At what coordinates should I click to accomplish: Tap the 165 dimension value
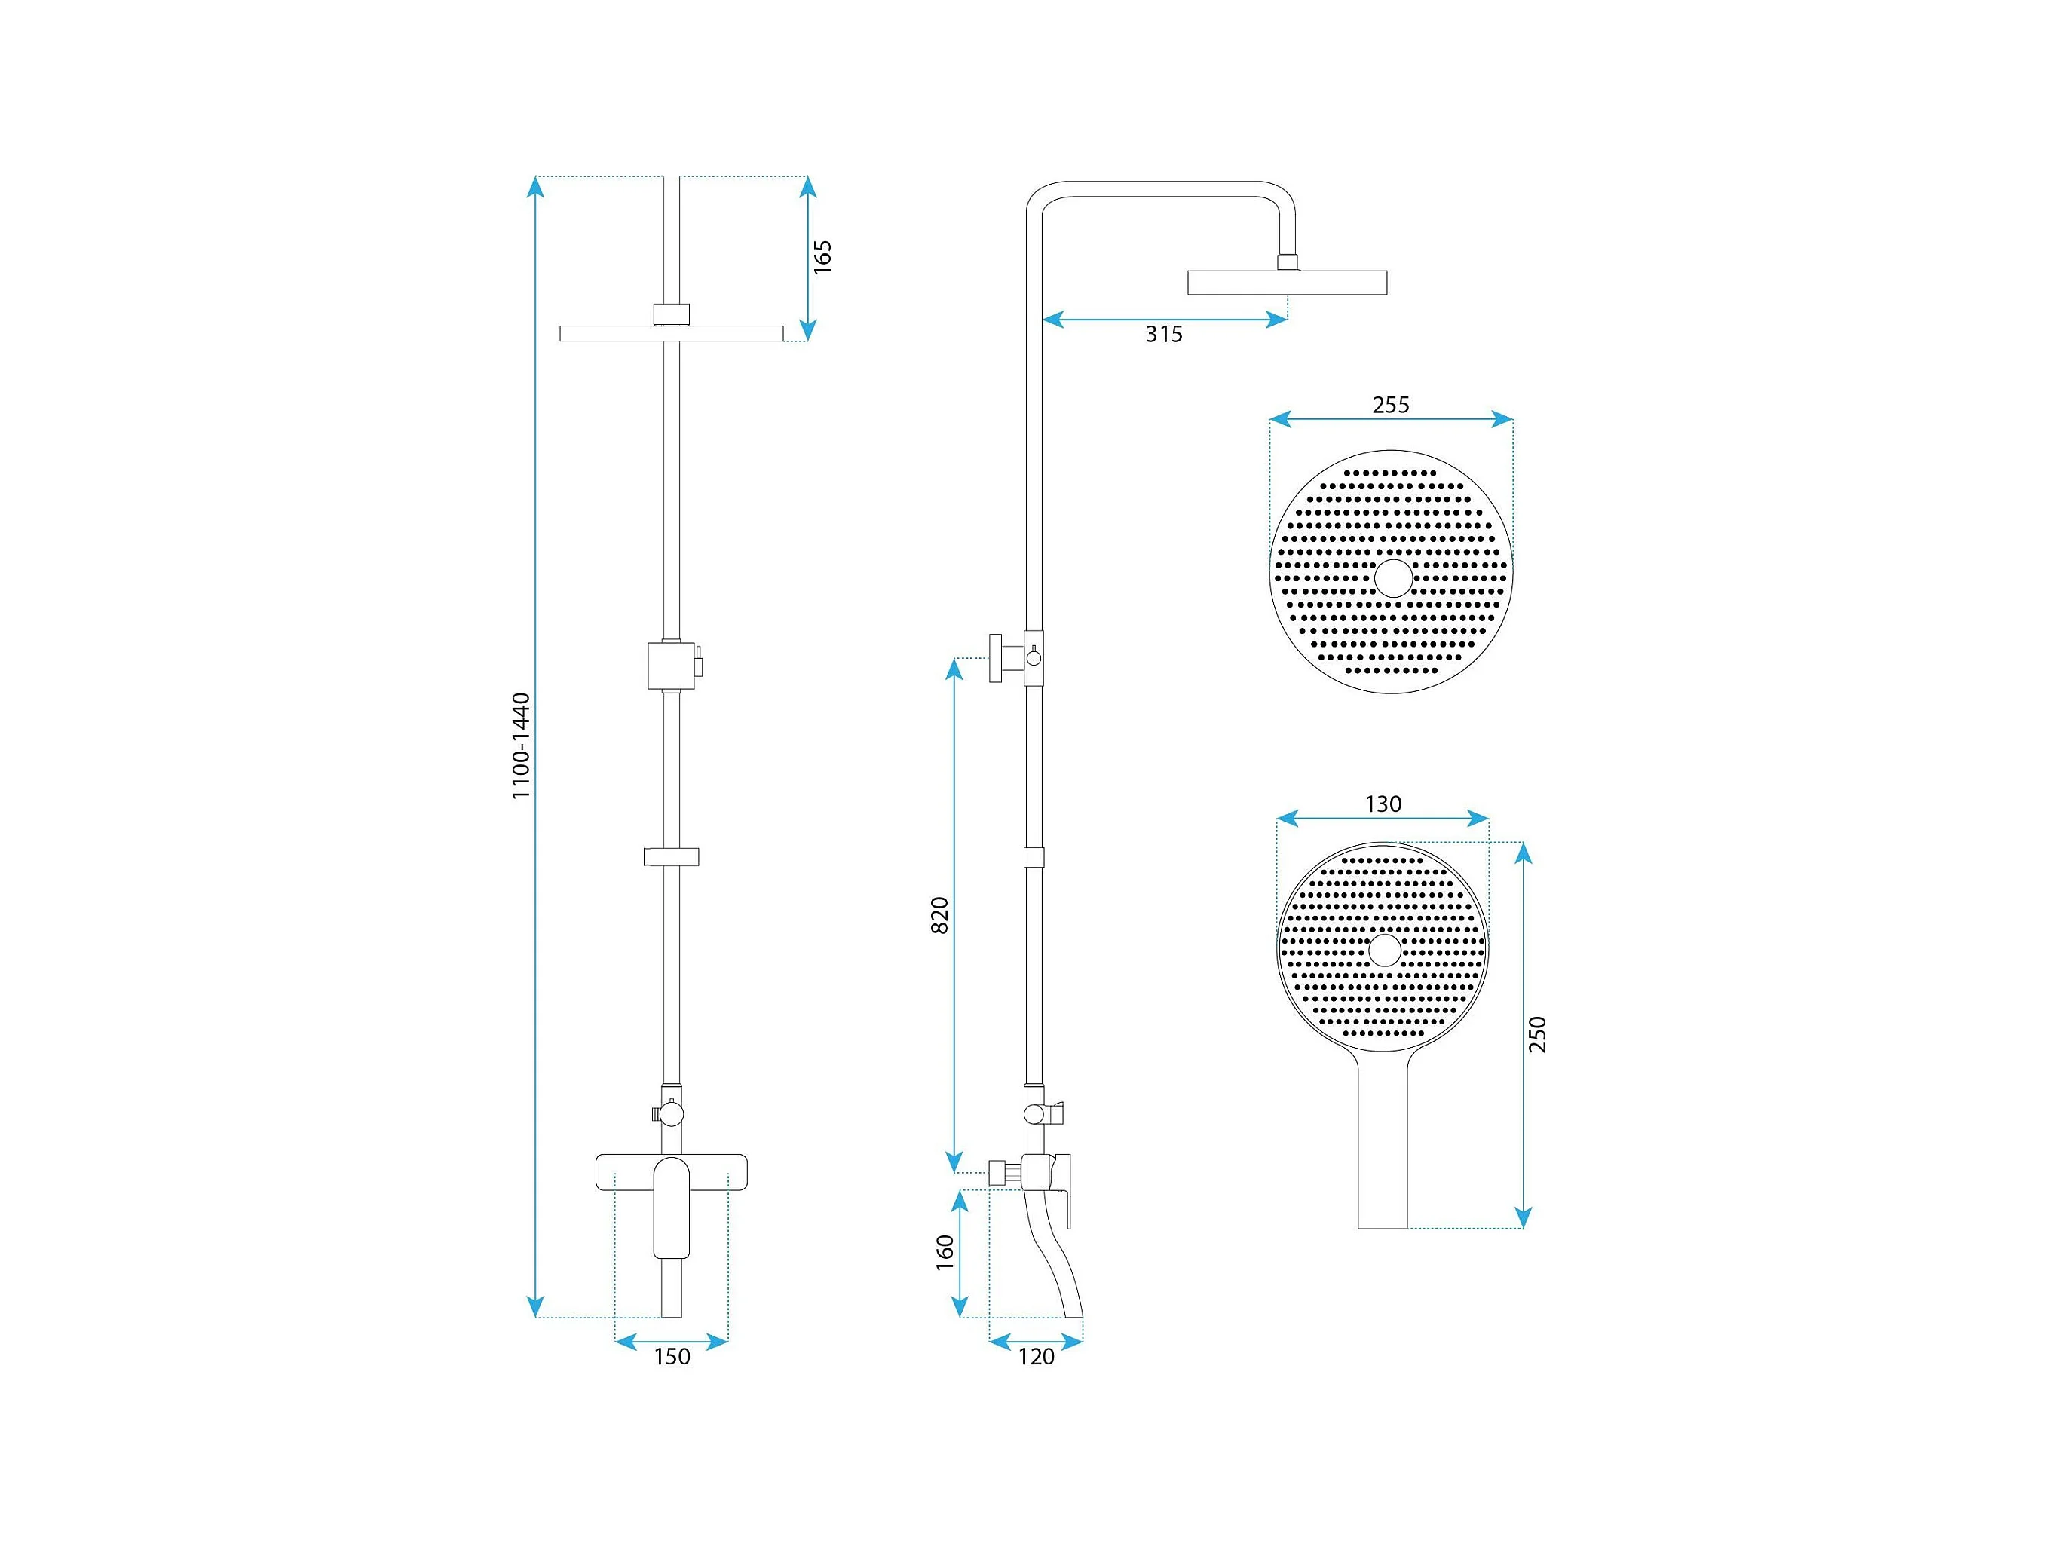[822, 257]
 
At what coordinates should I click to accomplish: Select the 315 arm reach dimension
[1164, 334]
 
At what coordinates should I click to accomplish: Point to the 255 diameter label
[1391, 405]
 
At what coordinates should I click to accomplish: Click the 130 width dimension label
[1383, 804]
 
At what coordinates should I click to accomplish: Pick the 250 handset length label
[1538, 1034]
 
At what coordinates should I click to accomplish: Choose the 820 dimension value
[941, 915]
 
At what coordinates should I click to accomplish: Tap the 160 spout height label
[945, 1253]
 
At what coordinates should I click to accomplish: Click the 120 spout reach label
[1037, 1357]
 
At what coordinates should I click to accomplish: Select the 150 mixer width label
[672, 1357]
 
